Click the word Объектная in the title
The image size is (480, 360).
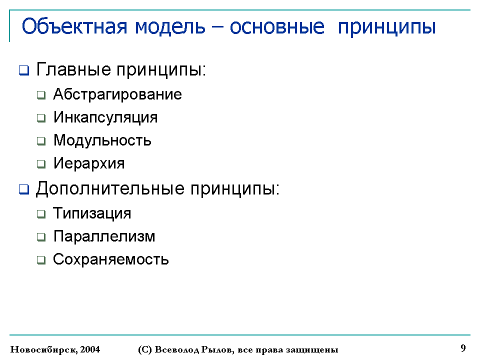(x=74, y=26)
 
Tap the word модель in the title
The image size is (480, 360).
(x=170, y=27)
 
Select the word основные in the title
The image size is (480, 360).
(x=277, y=27)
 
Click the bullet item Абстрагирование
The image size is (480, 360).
(x=117, y=94)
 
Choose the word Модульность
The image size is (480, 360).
(x=102, y=140)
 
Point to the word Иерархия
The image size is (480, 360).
(x=89, y=163)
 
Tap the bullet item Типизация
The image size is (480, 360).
(x=92, y=213)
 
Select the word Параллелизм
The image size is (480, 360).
(x=104, y=236)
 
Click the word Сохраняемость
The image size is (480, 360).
(x=111, y=259)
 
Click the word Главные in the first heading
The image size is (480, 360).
(x=73, y=69)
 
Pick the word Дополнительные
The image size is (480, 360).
(x=110, y=188)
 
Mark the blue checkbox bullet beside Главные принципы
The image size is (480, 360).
(x=24, y=70)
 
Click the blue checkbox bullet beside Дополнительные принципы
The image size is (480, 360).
(x=24, y=189)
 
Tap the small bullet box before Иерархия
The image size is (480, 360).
(x=41, y=164)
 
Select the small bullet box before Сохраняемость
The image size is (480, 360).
(x=41, y=260)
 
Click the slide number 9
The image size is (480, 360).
(x=463, y=348)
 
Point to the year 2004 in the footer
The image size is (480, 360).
(x=90, y=349)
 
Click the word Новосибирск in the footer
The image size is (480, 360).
(x=44, y=349)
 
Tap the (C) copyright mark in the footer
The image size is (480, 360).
(x=145, y=349)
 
